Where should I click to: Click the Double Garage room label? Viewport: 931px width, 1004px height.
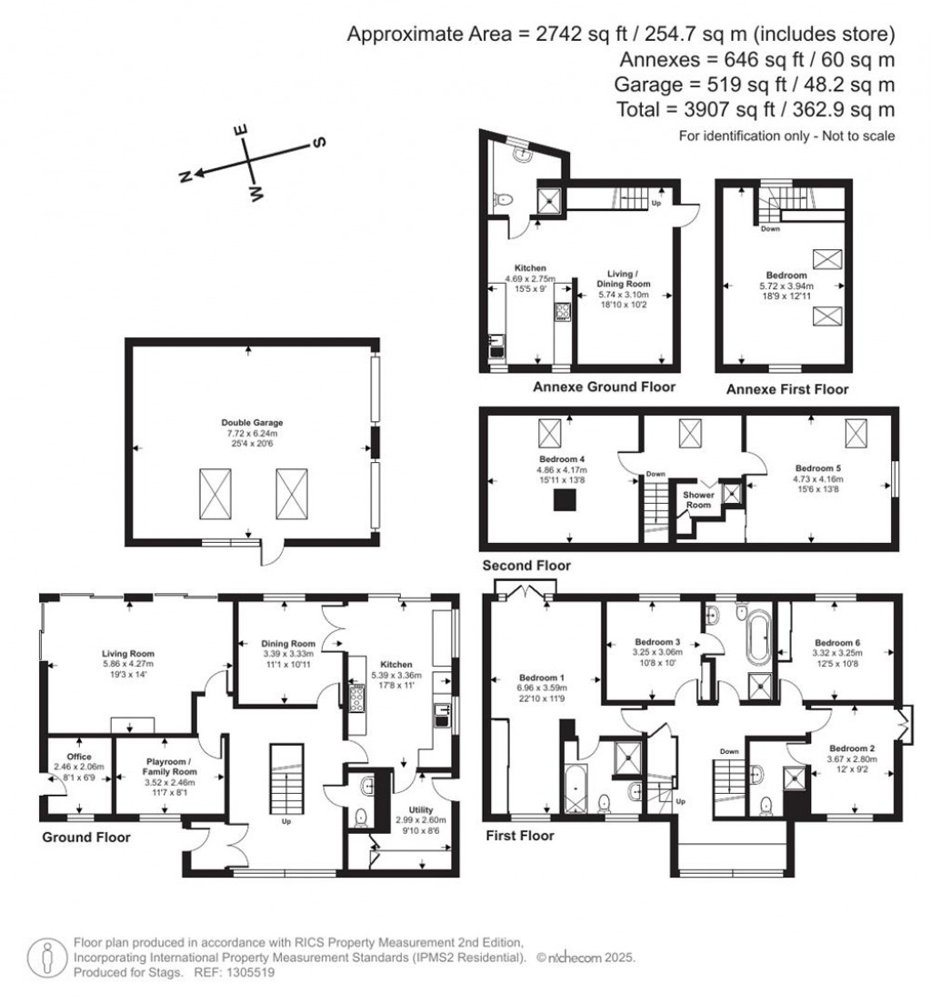pos(252,422)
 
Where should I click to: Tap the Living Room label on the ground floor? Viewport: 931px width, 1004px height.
pos(127,653)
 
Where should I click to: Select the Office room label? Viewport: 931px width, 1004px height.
pos(80,756)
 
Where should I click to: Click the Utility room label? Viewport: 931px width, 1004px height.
pos(421,809)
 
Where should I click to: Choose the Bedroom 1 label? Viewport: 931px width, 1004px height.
pos(541,678)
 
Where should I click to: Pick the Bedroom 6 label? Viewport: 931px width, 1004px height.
pos(837,642)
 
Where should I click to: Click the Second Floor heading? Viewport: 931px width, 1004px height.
pos(526,566)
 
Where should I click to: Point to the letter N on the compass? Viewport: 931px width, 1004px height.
pos(184,177)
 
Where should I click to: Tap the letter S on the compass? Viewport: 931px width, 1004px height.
pos(318,143)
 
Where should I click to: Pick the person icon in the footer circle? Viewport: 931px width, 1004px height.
pos(45,957)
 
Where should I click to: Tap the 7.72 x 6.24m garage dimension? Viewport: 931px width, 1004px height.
pos(252,434)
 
